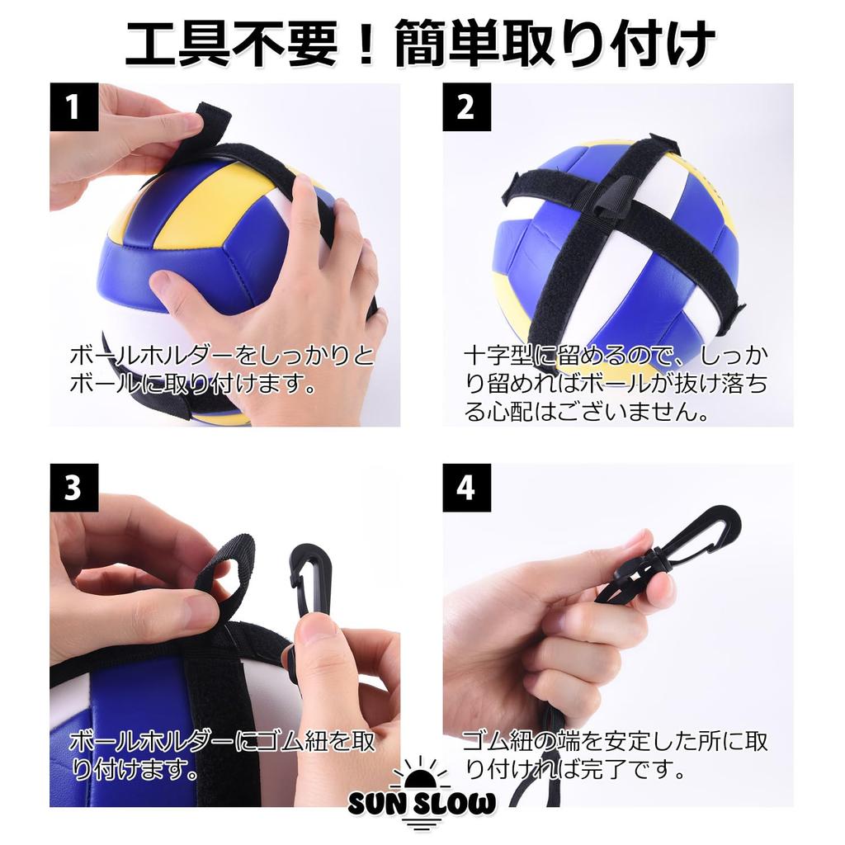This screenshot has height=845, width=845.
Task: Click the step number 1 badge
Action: coord(73,106)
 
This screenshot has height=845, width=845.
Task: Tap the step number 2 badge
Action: coord(467,106)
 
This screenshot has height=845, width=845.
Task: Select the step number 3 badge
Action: coord(73,487)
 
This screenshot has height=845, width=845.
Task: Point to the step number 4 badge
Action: coord(467,487)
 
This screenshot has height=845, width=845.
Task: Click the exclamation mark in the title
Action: coord(366,45)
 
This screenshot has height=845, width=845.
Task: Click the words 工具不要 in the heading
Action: coord(232,45)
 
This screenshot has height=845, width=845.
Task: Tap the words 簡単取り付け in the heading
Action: coord(555,45)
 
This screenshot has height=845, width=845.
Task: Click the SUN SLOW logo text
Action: coord(422,804)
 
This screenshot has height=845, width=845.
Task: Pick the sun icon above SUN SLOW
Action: coord(421,773)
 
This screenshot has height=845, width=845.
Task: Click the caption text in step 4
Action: coord(616,755)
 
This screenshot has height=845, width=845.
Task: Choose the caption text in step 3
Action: coord(222,755)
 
